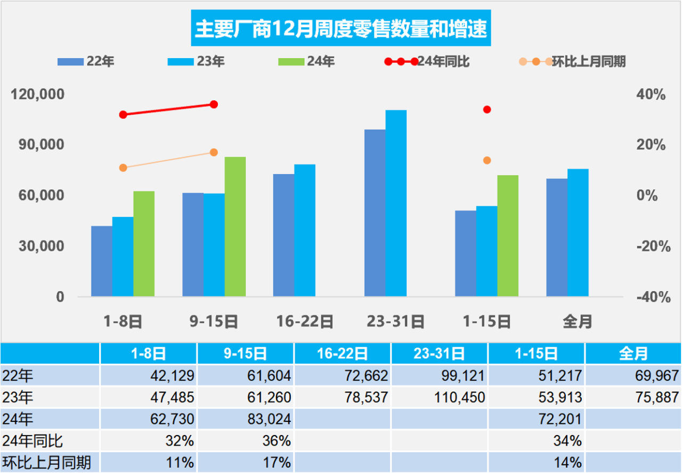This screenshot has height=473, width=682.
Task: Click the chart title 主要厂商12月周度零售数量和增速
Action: (340, 30)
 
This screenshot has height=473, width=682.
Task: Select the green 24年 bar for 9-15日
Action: (235, 227)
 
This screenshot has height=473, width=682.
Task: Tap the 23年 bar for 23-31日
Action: (396, 203)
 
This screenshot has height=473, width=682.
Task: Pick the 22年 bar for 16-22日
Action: (283, 235)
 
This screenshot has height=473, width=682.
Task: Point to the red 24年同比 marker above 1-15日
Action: (487, 110)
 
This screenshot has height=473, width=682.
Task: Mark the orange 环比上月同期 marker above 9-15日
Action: (214, 153)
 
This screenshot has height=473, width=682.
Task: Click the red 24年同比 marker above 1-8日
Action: (123, 115)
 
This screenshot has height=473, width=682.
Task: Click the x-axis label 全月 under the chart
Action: (578, 322)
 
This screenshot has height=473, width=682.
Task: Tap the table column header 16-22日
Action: (342, 354)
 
